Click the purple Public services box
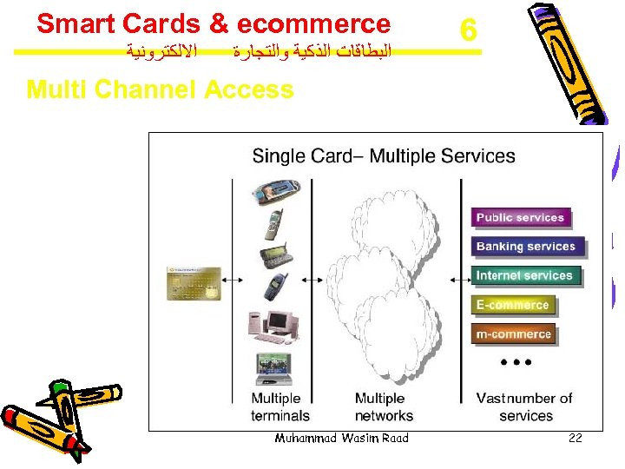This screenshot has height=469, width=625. point(520,217)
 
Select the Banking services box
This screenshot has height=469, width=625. point(526,247)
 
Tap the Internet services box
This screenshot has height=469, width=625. point(524,276)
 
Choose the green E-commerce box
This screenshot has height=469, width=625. point(512,305)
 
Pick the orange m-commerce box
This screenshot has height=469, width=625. point(513,334)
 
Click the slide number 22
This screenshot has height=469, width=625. point(575,439)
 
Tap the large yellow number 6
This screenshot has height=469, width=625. point(468,31)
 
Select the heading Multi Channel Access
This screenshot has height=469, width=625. point(161,89)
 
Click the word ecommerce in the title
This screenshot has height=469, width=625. point(313,23)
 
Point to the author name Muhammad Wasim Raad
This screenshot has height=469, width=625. point(341,438)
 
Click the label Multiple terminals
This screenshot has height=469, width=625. point(280,406)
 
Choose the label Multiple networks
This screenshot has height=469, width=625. point(384,406)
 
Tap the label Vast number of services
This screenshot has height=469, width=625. point(524,406)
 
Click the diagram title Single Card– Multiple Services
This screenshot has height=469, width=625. point(384,156)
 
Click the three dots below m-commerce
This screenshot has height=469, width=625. point(516,360)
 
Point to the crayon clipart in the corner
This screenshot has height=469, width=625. point(43,417)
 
